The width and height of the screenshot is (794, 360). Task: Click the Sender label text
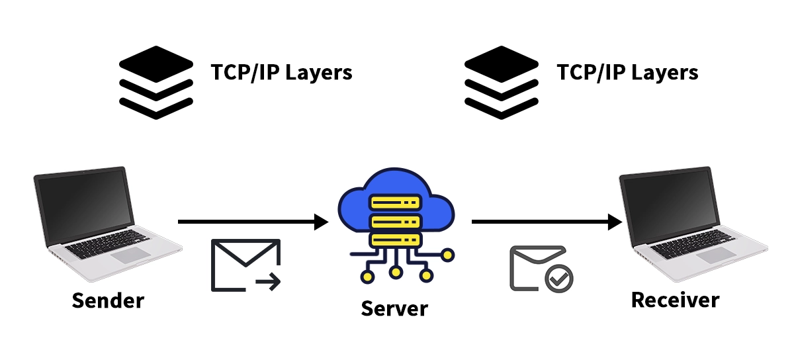pos(108,300)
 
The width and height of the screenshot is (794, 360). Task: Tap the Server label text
pos(395,308)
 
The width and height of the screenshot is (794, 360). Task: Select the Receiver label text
pos(675,300)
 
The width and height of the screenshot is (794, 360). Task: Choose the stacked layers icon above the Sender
pos(156,82)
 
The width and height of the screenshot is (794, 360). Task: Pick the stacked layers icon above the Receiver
pos(502,82)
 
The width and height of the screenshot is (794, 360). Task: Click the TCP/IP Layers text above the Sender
pos(281,72)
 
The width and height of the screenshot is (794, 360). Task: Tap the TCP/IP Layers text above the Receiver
pos(627,72)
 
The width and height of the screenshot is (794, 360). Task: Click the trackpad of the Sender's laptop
pos(128,255)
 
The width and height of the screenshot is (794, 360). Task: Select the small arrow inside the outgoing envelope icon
pos(268,283)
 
